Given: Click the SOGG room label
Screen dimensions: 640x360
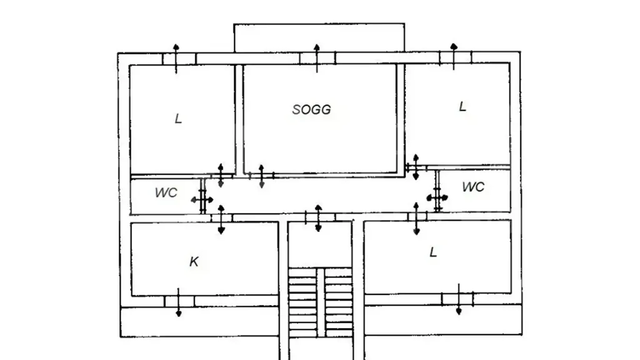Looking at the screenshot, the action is (x=311, y=109).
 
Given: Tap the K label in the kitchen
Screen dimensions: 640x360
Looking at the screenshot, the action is (x=194, y=261).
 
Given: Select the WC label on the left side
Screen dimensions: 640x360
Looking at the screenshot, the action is (x=166, y=192).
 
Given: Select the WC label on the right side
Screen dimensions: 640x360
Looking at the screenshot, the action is (x=473, y=187).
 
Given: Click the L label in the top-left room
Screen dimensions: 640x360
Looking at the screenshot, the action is (x=178, y=119).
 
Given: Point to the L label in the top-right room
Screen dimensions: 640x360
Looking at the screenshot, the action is (x=462, y=106).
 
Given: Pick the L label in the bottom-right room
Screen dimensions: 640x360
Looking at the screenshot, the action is (x=433, y=252).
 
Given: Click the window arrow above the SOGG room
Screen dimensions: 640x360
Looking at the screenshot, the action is (x=317, y=58).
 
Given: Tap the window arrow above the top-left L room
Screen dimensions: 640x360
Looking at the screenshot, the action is (x=176, y=59).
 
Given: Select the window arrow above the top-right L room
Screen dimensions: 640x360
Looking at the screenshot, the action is (x=454, y=56).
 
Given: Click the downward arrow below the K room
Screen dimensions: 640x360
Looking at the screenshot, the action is (x=178, y=302).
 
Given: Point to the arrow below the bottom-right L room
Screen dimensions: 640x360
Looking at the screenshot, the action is (x=459, y=299).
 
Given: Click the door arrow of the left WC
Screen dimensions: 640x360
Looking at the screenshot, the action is (x=202, y=200).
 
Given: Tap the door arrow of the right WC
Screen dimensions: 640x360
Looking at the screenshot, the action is (x=437, y=198).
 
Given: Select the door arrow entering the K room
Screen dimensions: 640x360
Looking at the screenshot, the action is (x=221, y=219).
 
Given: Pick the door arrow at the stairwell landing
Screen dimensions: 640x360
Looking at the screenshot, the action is (x=318, y=218).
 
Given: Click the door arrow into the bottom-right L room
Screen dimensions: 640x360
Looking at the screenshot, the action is (x=416, y=219).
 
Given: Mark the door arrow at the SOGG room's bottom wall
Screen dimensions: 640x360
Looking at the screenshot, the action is (x=262, y=177).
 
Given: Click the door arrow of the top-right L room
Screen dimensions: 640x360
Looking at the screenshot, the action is (x=416, y=167).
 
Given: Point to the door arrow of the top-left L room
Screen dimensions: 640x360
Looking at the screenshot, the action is (x=221, y=176).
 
